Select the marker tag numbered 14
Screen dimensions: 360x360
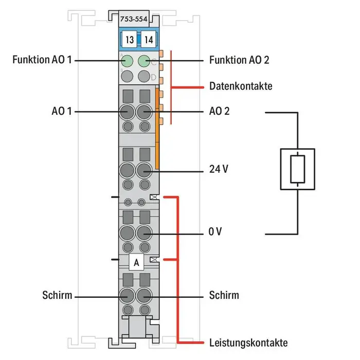[x=148, y=39]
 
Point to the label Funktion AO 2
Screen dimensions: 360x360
[x=240, y=60]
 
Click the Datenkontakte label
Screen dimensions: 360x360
[x=241, y=86]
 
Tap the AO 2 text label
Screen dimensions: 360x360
[x=220, y=111]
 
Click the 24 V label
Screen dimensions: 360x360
[x=219, y=169]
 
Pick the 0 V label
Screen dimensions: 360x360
[x=215, y=232]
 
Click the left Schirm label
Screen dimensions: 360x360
[x=57, y=295]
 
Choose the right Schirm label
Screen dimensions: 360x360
[x=224, y=295]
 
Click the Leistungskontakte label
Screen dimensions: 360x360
[x=248, y=343]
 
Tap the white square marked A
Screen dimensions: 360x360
[x=136, y=262]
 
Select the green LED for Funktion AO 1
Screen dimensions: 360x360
[x=126, y=62]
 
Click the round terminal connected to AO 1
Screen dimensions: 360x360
[x=127, y=111]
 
